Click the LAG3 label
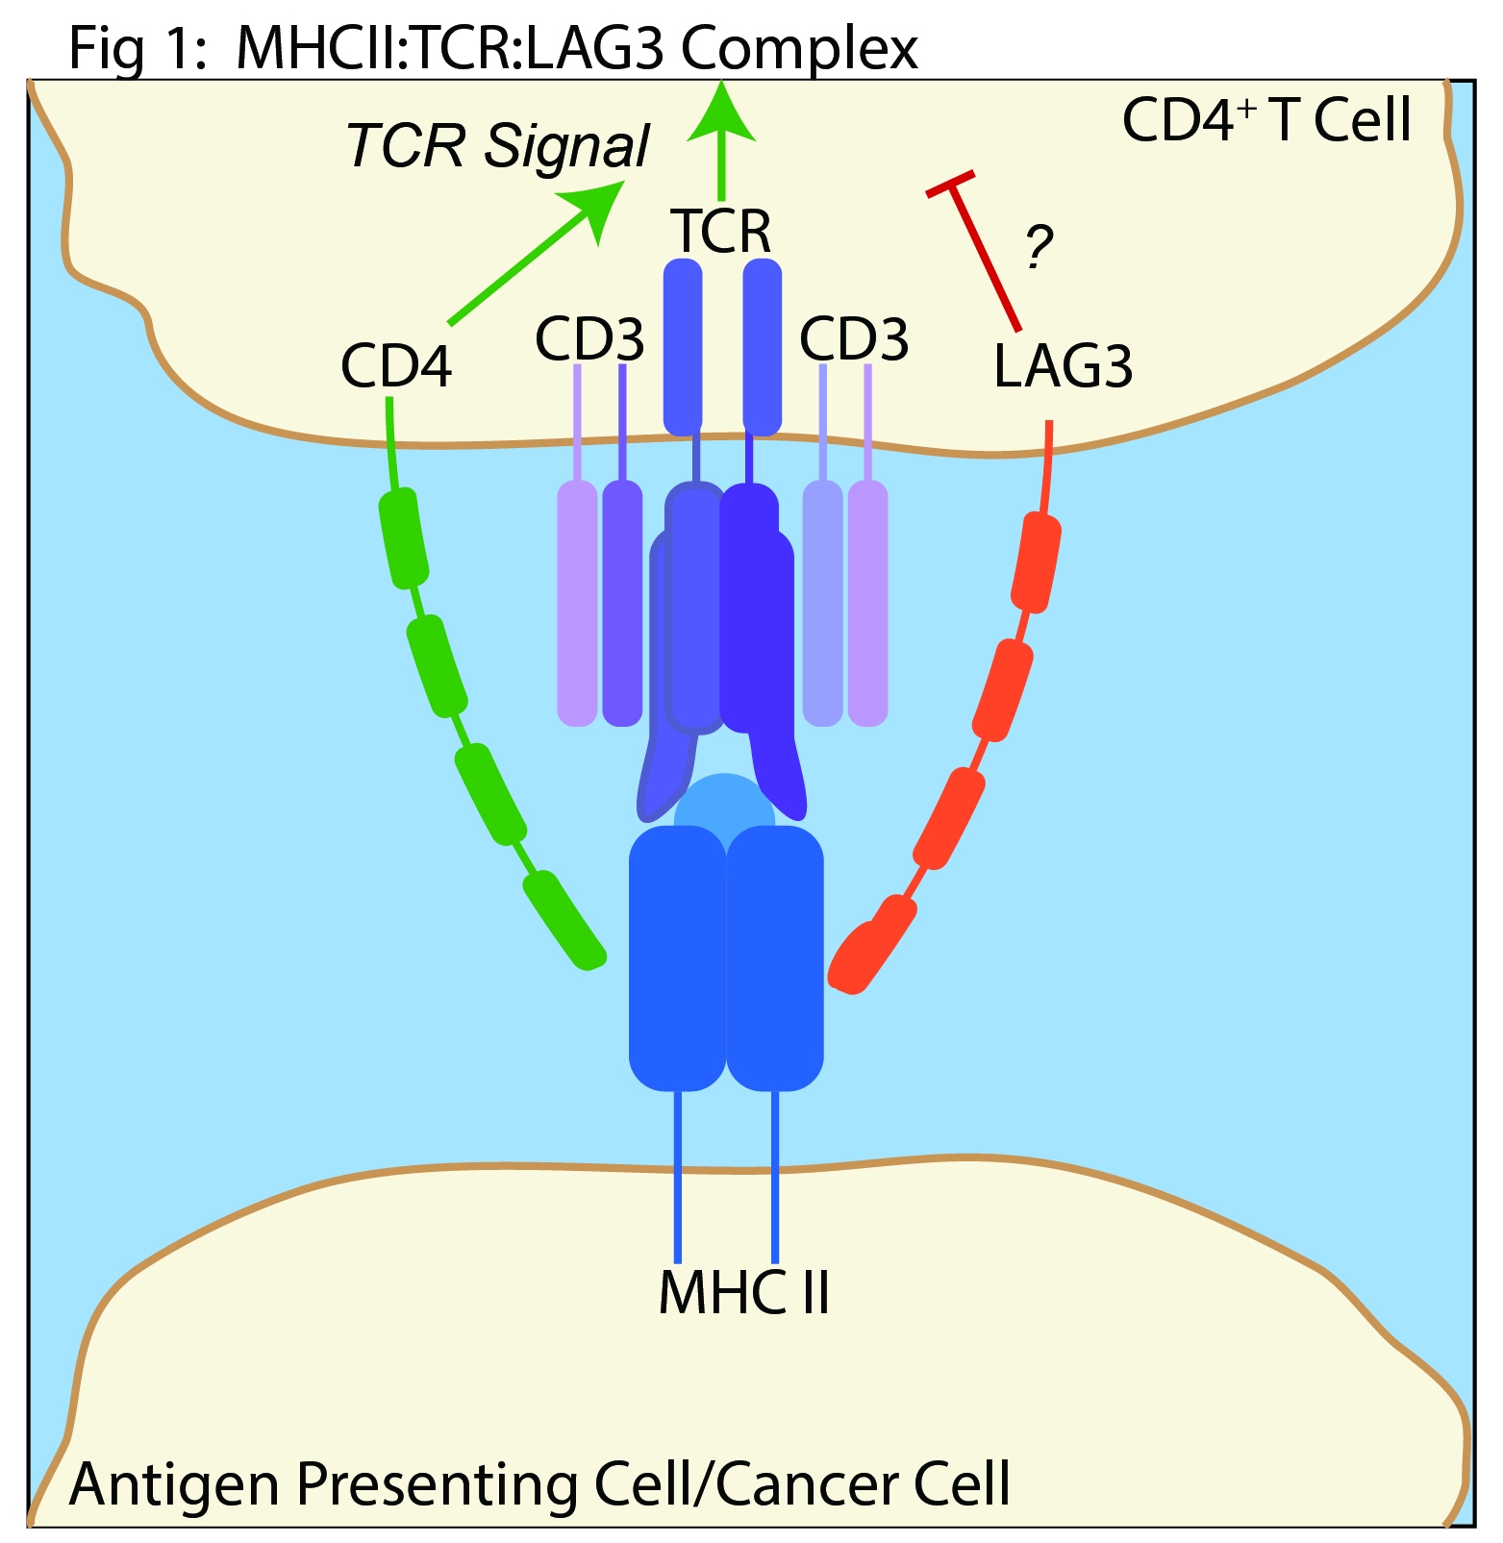point(1062,367)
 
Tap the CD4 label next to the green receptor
point(396,367)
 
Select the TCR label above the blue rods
point(721,232)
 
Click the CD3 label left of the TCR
point(589,339)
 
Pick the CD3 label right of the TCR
point(854,339)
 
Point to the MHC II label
point(743,1293)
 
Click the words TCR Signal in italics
point(497,146)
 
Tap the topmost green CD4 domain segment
point(403,538)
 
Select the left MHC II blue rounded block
point(677,957)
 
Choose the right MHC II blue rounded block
point(775,957)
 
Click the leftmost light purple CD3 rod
point(577,604)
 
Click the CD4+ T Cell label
point(1266,121)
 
